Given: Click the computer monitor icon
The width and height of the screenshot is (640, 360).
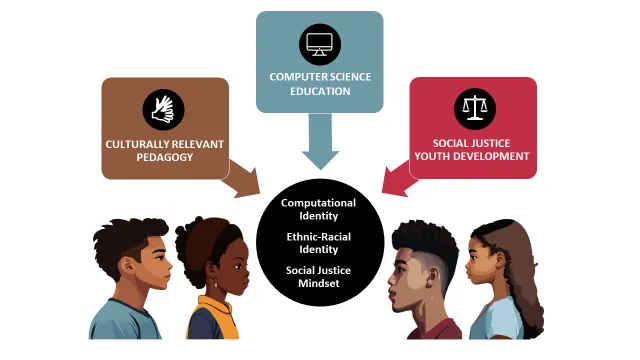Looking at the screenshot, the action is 319,45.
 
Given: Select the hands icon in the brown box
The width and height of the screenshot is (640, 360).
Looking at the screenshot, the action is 163,107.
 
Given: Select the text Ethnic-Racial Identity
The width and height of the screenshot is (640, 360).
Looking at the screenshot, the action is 319,243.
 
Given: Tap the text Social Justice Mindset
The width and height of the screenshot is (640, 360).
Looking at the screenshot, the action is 319,276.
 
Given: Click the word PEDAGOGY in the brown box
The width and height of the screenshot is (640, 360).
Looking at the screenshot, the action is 165,158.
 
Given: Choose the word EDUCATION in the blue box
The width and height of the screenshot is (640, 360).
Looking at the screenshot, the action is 319,91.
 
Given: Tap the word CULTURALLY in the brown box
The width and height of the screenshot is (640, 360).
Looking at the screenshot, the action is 136,144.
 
